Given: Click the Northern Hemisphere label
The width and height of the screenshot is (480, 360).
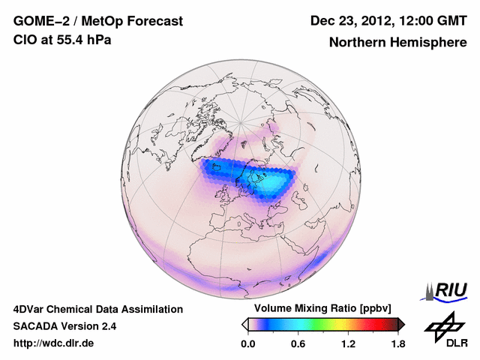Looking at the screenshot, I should pyautogui.click(x=397, y=43).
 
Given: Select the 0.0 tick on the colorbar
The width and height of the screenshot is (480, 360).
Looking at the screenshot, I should pyautogui.click(x=247, y=343).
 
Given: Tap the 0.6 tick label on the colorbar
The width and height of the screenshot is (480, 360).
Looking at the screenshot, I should pyautogui.click(x=298, y=343).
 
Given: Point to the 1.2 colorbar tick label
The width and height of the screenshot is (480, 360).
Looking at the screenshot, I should pyautogui.click(x=347, y=343).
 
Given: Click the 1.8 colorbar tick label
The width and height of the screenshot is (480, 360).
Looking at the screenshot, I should pyautogui.click(x=397, y=343).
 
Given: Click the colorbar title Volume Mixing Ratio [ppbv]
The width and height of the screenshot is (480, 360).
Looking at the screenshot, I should pyautogui.click(x=319, y=308).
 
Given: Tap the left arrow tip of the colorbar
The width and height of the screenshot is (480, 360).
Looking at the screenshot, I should pyautogui.click(x=244, y=324).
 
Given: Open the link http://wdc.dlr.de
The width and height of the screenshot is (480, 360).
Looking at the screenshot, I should pyautogui.click(x=55, y=343).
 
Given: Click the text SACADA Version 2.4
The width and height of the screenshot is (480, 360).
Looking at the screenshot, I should pyautogui.click(x=64, y=326).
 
